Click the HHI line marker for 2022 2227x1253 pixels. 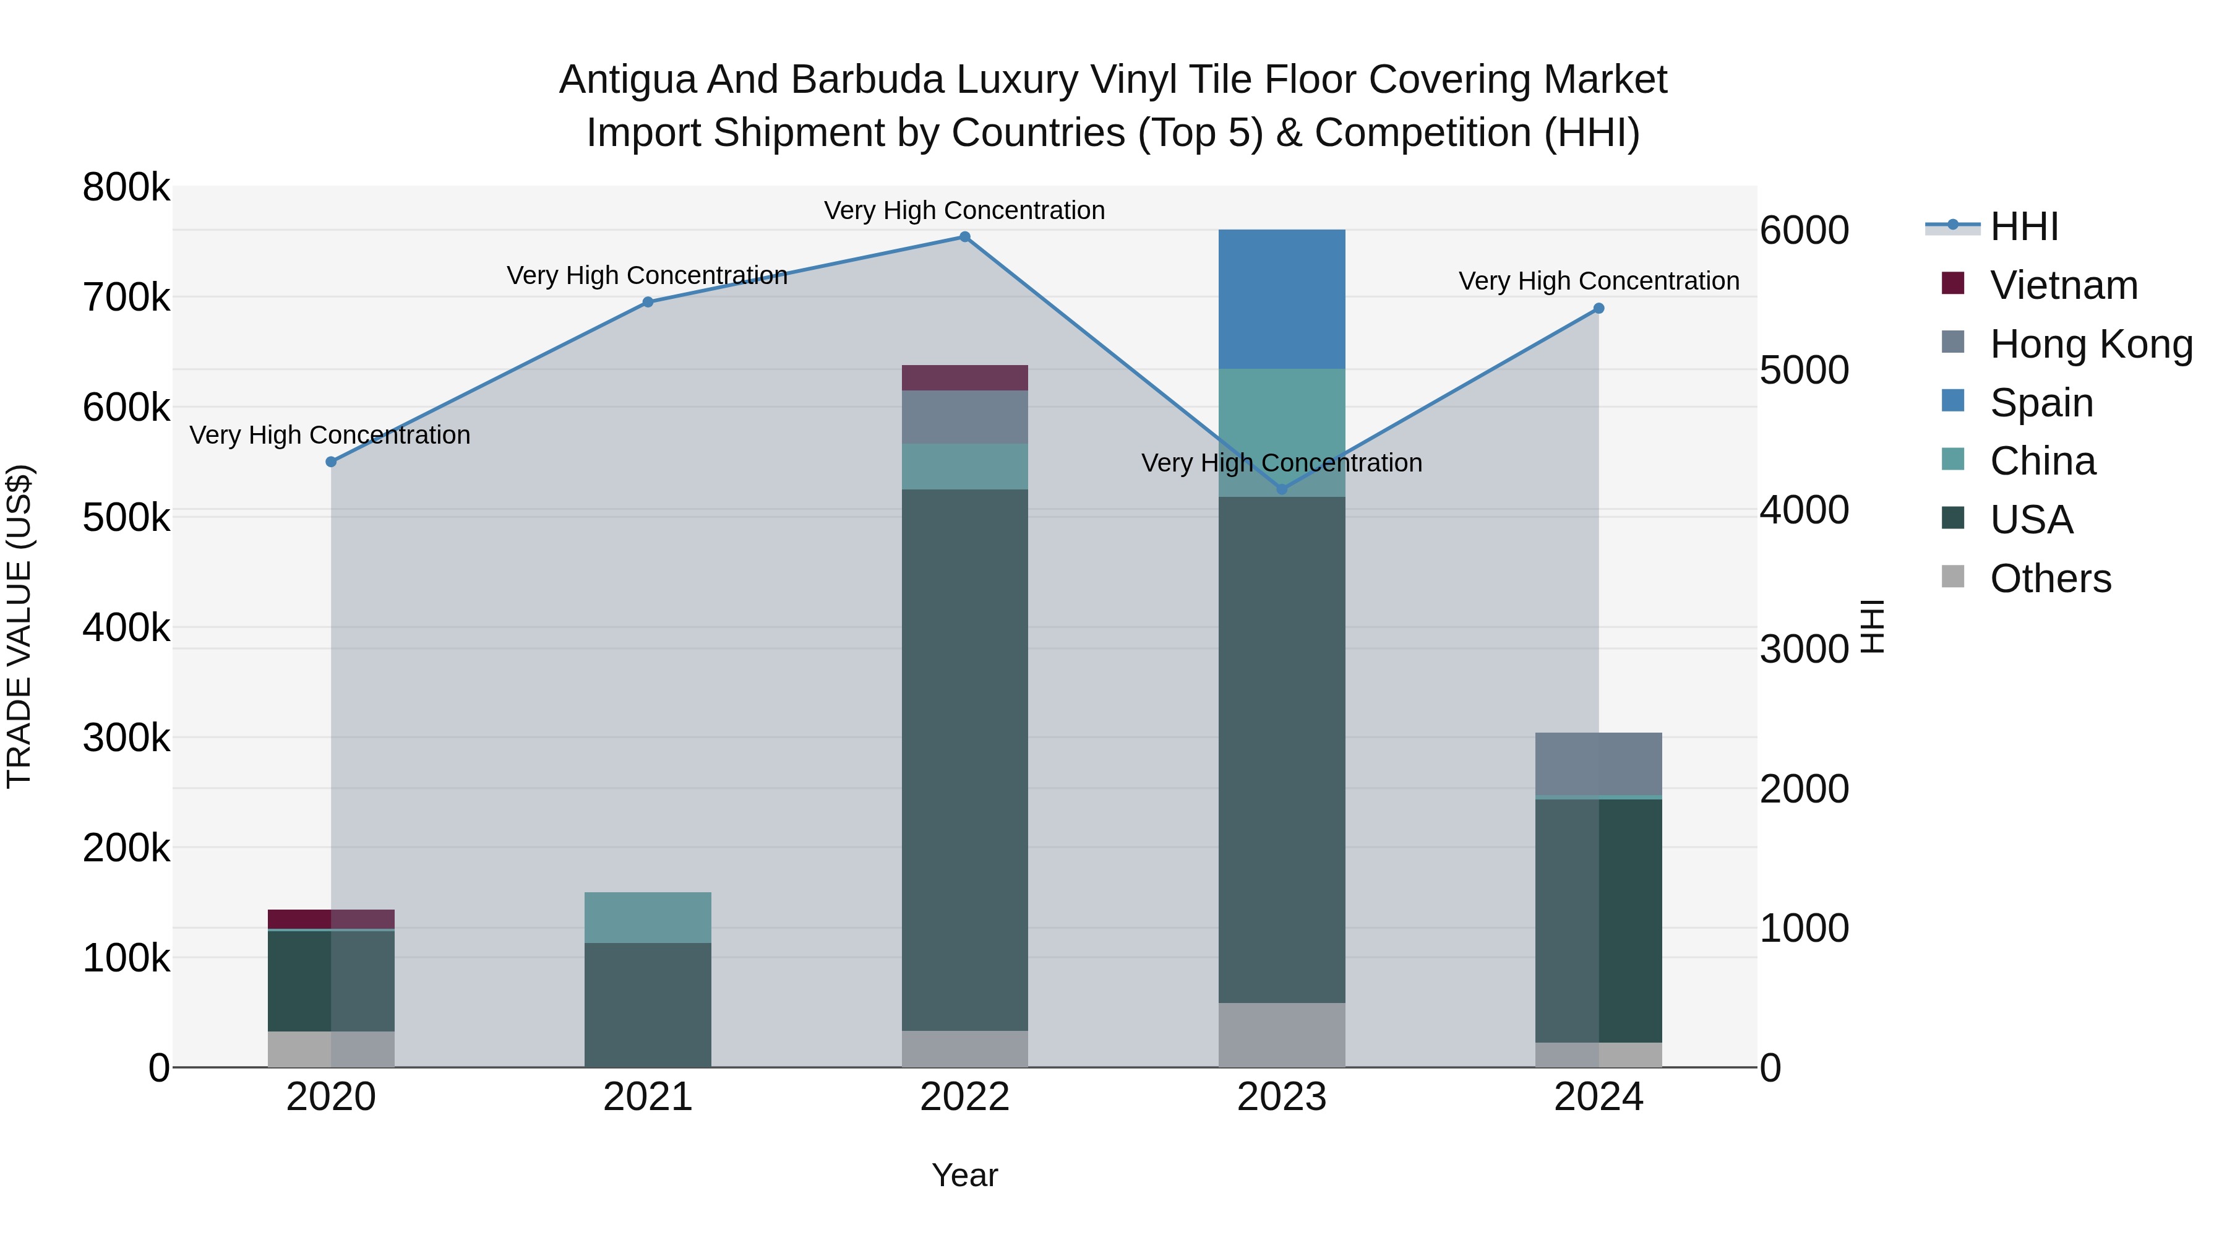[x=965, y=237]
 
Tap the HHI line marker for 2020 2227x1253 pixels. [x=331, y=462]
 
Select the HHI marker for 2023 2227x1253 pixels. [x=1282, y=489]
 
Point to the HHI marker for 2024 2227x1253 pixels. [x=1598, y=309]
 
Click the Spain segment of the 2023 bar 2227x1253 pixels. [x=1282, y=299]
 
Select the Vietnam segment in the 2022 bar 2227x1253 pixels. [x=965, y=378]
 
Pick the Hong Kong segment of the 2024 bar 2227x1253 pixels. [x=1598, y=764]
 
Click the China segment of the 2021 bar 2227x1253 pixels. [x=648, y=918]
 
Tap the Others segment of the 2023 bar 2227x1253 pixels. [x=1282, y=1035]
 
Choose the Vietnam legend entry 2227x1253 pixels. [x=2064, y=285]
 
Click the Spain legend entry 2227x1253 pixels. [x=2041, y=403]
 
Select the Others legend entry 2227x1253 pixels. [x=2050, y=579]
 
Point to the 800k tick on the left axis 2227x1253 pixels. [x=126, y=187]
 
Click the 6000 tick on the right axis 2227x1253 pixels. [x=1804, y=231]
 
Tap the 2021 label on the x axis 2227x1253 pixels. [x=648, y=1097]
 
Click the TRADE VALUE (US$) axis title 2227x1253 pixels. [x=19, y=626]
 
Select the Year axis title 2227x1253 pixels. [x=965, y=1175]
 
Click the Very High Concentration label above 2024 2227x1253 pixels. [x=1598, y=281]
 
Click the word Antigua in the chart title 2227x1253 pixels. [x=627, y=80]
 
